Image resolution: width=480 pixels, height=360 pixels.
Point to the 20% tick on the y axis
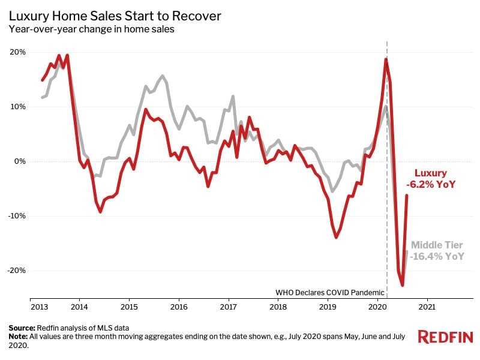click(17, 52)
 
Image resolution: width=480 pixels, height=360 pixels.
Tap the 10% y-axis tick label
click(17, 107)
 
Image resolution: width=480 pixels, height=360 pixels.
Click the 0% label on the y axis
click(19, 161)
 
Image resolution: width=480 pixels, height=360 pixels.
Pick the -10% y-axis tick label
click(16, 216)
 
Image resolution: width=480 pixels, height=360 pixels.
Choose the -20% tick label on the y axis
click(16, 270)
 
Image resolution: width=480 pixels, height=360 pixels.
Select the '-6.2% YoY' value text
click(436, 185)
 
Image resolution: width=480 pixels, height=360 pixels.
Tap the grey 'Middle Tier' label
click(437, 245)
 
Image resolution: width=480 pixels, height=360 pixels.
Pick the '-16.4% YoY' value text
click(437, 256)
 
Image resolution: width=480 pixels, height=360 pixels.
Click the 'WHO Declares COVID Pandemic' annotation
click(329, 293)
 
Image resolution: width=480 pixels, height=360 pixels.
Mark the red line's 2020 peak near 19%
click(386, 59)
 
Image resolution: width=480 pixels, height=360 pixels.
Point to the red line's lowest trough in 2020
click(403, 286)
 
